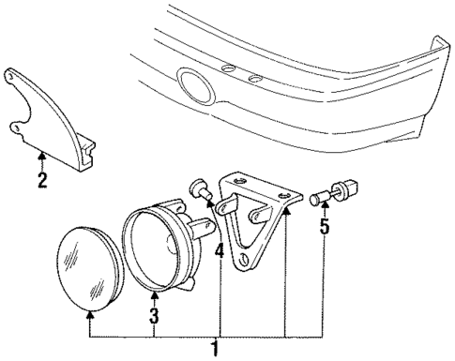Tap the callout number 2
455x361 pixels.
click(x=41, y=180)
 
